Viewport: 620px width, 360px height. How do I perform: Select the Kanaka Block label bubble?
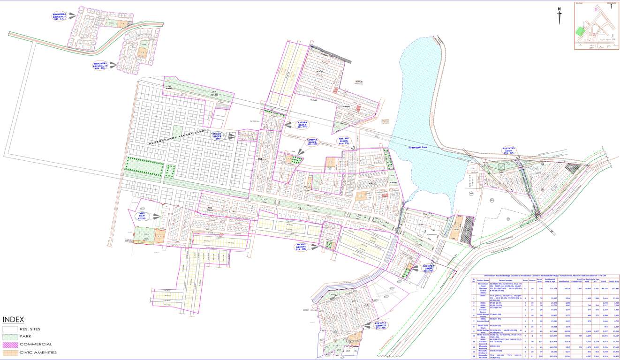click(302, 125)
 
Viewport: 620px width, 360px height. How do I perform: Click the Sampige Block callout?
click(312, 142)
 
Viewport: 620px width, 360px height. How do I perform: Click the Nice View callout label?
click(144, 216)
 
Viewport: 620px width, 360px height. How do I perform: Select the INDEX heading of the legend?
click(14, 320)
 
